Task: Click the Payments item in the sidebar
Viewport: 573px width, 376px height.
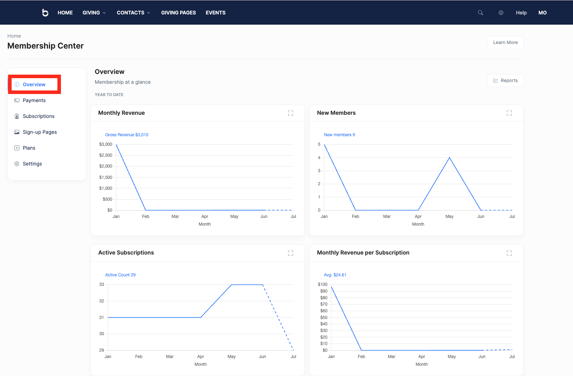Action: [x=34, y=100]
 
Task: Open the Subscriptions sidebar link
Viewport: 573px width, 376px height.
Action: [x=38, y=116]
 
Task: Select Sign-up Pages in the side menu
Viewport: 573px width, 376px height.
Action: [x=39, y=132]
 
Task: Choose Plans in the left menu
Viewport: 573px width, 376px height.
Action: [x=29, y=148]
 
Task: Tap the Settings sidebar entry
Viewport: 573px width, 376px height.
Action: [x=32, y=164]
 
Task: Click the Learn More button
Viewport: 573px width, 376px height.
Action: [x=505, y=43]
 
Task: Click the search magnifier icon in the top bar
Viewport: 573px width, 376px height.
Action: [x=480, y=13]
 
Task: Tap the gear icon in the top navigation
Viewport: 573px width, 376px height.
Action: [x=501, y=13]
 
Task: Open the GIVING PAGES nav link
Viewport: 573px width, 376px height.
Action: [x=178, y=13]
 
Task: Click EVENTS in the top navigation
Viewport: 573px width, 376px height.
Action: [x=216, y=13]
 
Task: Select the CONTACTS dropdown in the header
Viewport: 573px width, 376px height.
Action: [x=133, y=13]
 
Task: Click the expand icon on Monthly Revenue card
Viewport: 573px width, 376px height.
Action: [x=291, y=113]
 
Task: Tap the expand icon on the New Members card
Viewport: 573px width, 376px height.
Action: [x=509, y=113]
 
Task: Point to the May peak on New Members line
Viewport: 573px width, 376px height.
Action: [x=449, y=158]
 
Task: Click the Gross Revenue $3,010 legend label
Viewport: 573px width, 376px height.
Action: [x=127, y=135]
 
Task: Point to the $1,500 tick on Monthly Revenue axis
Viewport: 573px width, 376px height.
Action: [x=106, y=177]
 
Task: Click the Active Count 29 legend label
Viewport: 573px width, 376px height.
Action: [x=120, y=275]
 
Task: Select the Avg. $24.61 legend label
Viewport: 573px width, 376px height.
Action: [x=335, y=275]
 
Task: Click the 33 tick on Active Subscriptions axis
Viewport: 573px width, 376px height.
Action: [x=101, y=284]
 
